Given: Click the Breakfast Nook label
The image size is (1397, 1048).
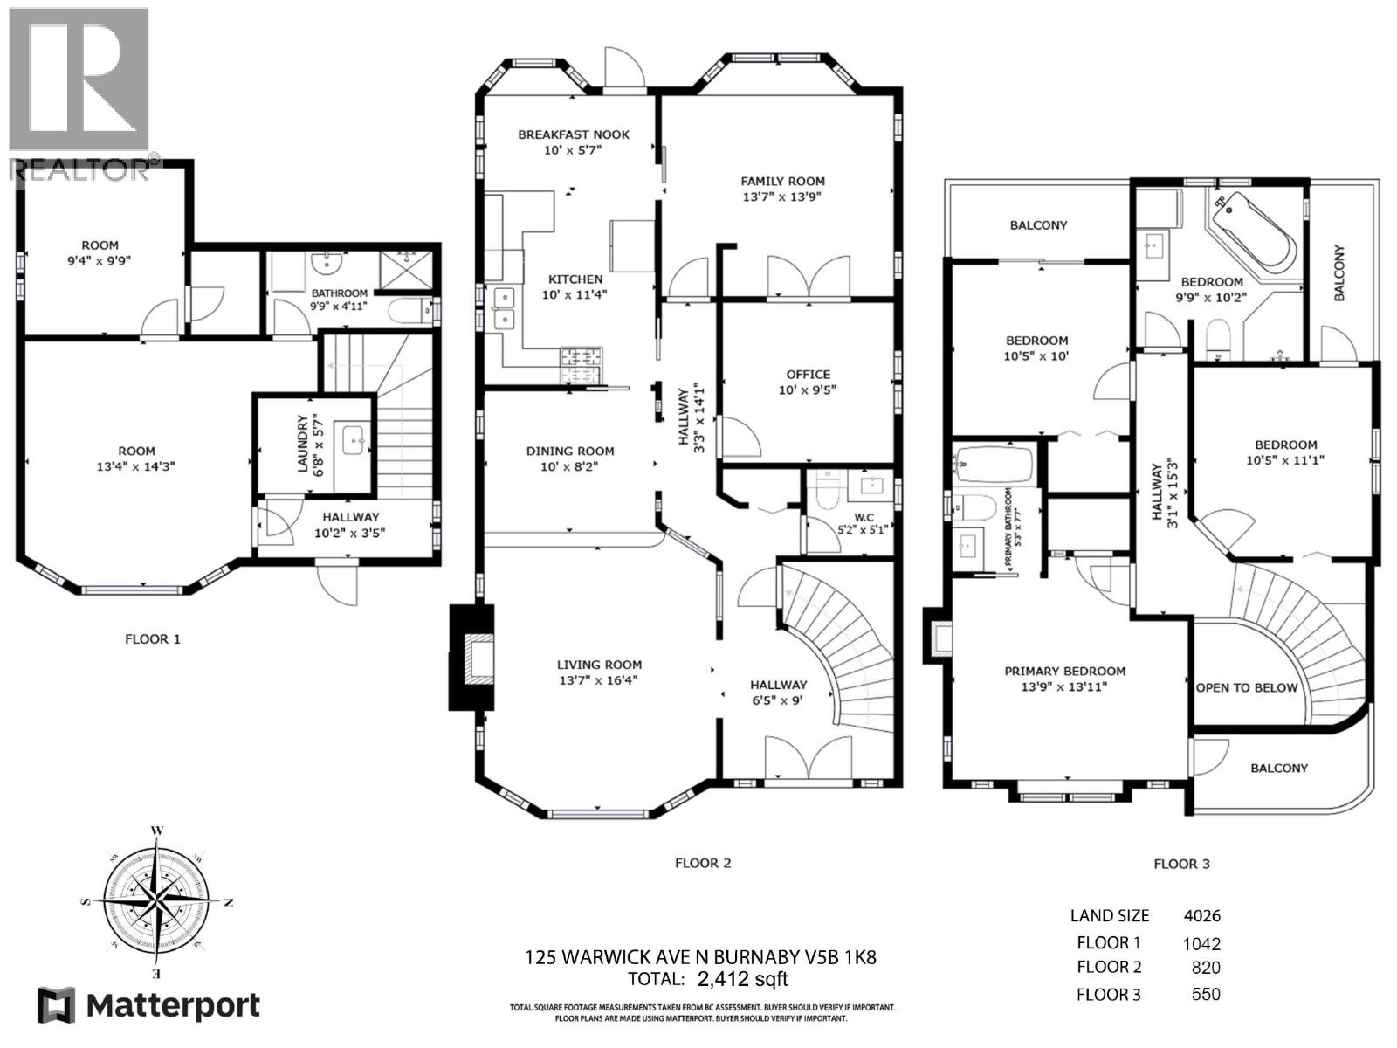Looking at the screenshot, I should point(574,134).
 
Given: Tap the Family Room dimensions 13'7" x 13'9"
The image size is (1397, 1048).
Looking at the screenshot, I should point(782,197).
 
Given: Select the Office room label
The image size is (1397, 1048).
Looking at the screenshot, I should point(808,374).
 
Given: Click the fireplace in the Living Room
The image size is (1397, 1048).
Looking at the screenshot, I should point(472,658).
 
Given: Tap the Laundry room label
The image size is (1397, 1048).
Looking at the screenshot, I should point(303,444).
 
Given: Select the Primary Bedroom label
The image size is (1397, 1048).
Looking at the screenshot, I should point(1064,671).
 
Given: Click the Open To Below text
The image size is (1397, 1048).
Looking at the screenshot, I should point(1247,687).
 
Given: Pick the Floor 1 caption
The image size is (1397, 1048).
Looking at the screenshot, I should point(153,639).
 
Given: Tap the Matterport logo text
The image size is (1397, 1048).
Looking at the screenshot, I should point(173,1006).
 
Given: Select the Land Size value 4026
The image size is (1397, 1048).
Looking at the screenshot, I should point(1201,916).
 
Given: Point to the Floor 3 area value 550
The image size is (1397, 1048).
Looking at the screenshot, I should point(1206,994).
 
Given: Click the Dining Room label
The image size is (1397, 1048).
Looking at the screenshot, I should point(570,451).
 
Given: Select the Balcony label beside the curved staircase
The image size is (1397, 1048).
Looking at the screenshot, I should point(1279,768).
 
